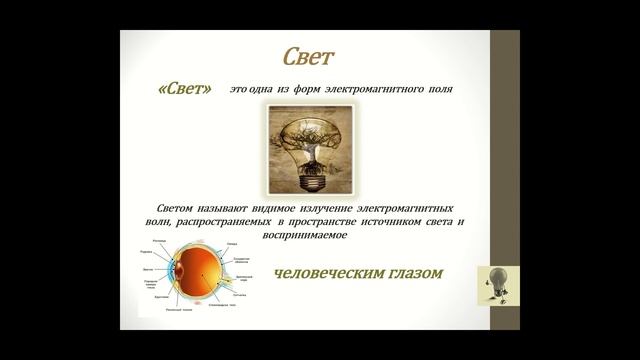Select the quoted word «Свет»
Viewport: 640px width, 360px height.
coord(189,88)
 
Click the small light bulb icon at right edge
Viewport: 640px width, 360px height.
coord(496,283)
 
